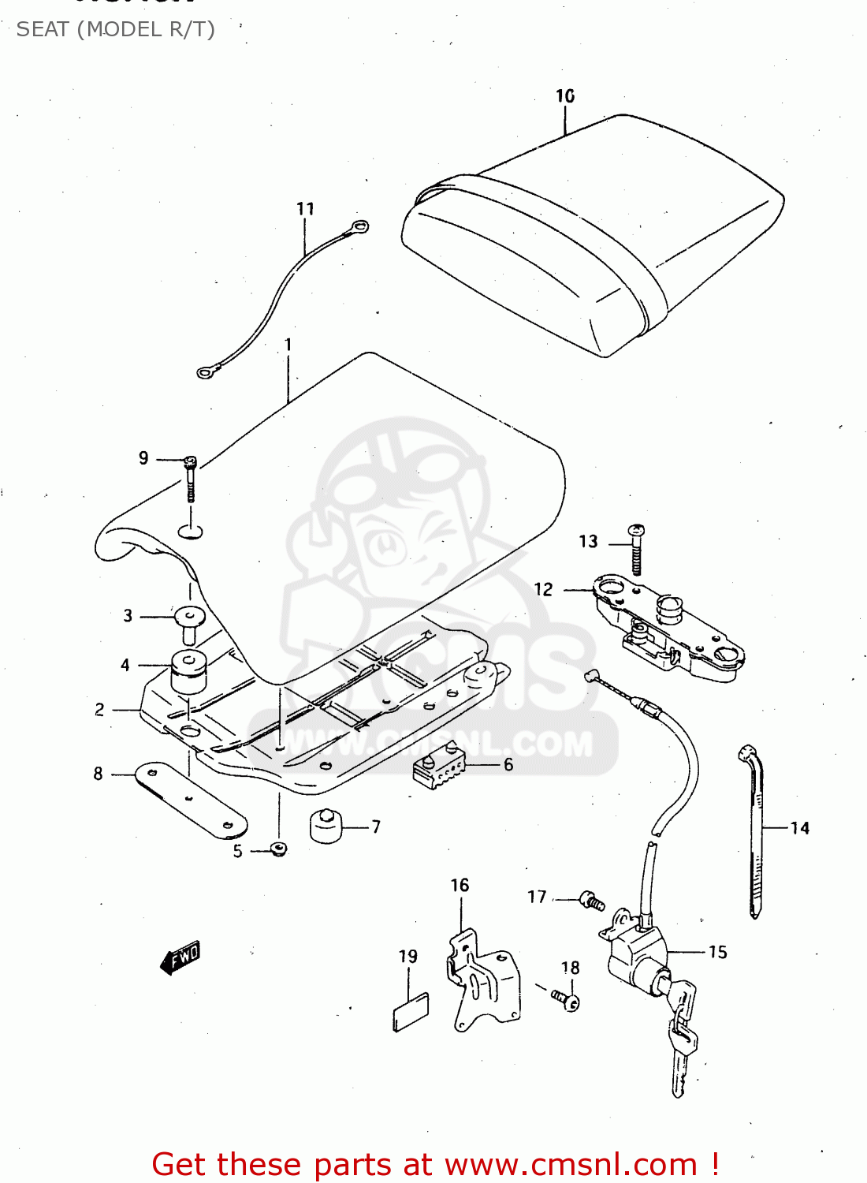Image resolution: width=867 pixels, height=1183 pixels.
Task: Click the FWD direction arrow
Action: click(180, 957)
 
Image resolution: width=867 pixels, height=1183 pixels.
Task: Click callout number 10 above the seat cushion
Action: click(565, 96)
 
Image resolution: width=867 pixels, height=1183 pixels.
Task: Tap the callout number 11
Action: click(306, 209)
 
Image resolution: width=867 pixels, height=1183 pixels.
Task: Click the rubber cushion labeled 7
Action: click(325, 826)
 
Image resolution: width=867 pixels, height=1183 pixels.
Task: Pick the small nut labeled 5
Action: click(277, 849)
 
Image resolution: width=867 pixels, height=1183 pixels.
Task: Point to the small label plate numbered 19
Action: click(411, 1012)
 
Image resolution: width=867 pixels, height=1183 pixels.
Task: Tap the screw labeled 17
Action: click(591, 901)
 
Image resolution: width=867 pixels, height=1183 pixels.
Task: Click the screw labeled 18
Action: click(567, 1000)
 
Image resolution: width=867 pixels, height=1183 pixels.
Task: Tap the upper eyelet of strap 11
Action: click(359, 228)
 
